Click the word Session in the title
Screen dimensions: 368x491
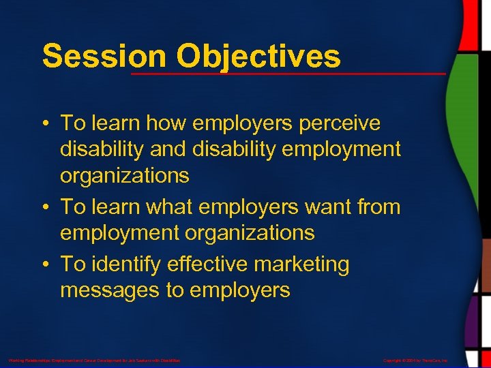tap(85, 56)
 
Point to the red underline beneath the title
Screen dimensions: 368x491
tap(286, 72)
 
